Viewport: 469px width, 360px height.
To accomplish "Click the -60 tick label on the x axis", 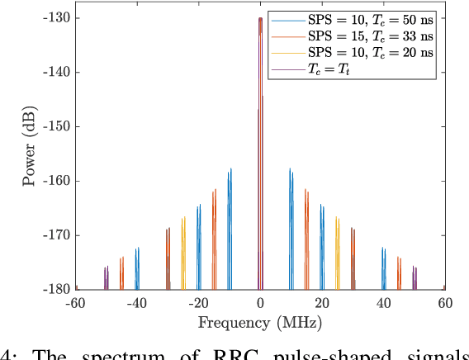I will [x=75, y=303].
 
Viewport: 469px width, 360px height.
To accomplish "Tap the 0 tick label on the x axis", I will [x=260, y=303].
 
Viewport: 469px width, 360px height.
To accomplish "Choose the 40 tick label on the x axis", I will [x=383, y=303].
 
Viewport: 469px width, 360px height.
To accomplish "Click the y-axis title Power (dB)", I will [x=30, y=153].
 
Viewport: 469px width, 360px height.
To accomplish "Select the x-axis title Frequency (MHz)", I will [x=260, y=322].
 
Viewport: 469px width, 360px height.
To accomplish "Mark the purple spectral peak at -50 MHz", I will [x=107, y=278].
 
